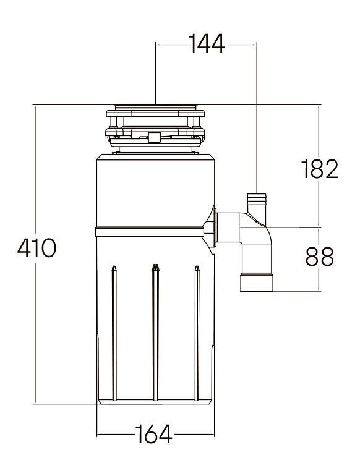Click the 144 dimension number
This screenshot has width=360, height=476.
click(x=207, y=44)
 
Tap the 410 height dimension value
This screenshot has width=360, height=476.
click(x=36, y=248)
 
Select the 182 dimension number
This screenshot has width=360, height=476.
click(x=319, y=169)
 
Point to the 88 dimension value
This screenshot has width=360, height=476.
click(x=320, y=257)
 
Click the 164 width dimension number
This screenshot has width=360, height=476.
click(x=154, y=434)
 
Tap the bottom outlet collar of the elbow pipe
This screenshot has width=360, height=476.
click(x=257, y=283)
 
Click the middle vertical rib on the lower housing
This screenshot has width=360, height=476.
click(x=155, y=333)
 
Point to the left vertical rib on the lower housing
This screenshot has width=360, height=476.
click(x=114, y=333)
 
